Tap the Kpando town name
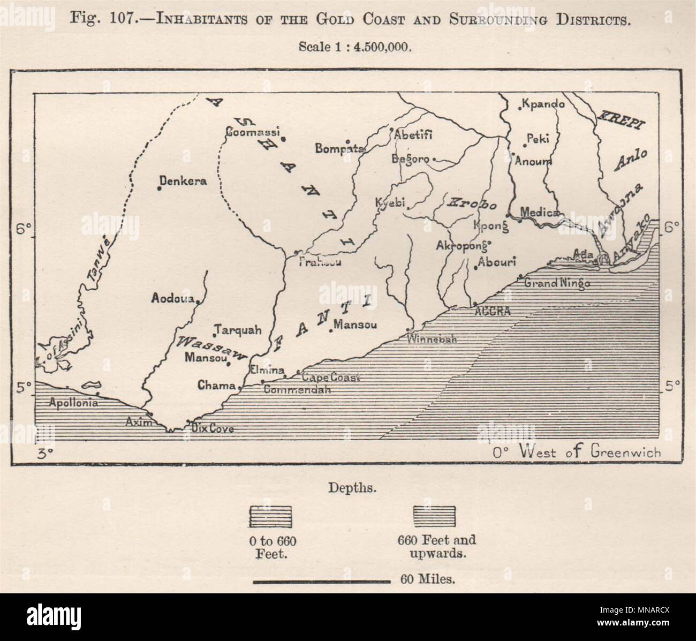543,104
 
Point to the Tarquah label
239,330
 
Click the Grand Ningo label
557,283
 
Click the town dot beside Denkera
159,187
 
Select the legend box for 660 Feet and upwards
435,516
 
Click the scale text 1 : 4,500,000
355,47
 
